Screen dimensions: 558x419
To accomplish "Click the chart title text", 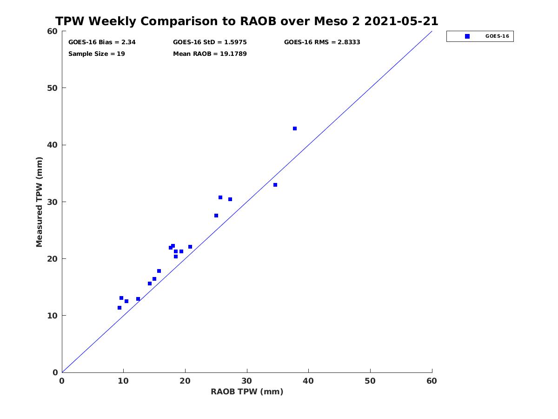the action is (246, 21).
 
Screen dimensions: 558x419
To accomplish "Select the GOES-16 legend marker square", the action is (467, 36).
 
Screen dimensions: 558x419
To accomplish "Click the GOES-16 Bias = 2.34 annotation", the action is (102, 42).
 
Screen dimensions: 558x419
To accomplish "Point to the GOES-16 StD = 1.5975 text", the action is (210, 42).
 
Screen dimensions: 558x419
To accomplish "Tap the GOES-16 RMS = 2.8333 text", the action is (322, 42).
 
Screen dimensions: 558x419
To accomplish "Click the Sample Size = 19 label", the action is (97, 54).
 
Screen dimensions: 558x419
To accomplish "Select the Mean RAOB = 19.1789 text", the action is (210, 54).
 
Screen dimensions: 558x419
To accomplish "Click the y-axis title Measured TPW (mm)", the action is (39, 202).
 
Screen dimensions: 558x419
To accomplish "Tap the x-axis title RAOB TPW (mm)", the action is (247, 392).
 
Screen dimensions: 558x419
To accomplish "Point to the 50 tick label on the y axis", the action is (53, 88).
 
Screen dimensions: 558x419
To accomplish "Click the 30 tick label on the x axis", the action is (247, 381).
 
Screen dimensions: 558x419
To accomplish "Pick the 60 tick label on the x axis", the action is (432, 381).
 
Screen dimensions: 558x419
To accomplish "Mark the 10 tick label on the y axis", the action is (53, 316).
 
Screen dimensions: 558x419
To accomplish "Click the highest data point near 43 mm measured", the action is (295, 128).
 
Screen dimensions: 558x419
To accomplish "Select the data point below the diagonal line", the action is (275, 185).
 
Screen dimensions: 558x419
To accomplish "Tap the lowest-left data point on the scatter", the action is (120, 308).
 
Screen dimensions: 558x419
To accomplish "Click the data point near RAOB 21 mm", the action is (190, 247).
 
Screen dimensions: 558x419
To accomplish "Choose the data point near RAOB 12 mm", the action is (138, 299).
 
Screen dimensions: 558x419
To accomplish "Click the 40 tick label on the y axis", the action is (53, 145).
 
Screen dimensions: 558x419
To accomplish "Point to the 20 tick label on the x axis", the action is (185, 381).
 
